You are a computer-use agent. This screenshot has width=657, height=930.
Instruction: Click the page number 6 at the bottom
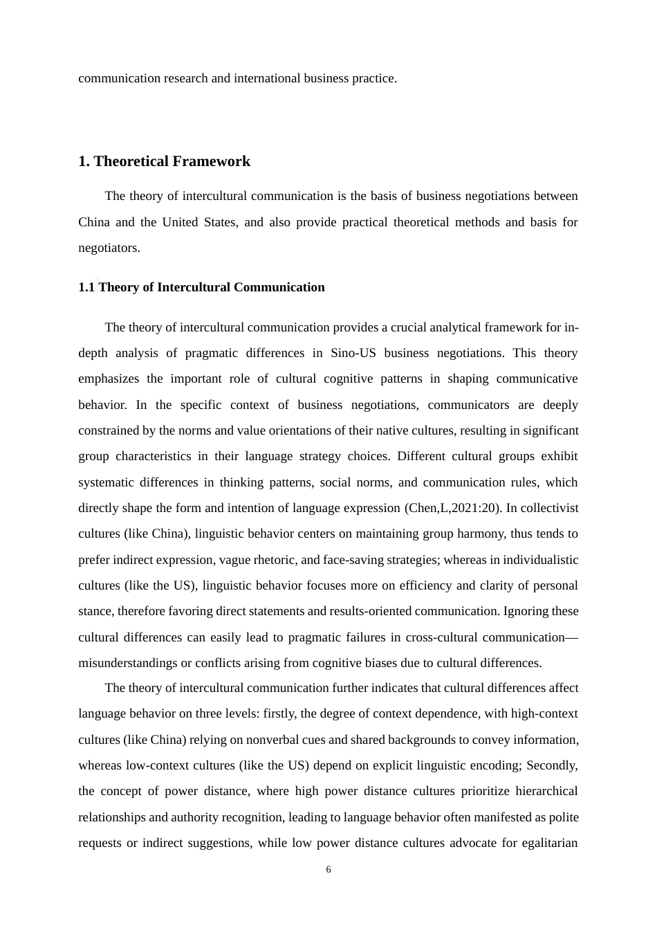tap(328, 870)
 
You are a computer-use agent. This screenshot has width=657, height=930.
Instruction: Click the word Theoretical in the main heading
tap(131, 161)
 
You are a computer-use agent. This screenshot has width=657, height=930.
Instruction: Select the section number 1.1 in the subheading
tap(86, 287)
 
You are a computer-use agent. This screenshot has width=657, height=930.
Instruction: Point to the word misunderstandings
tap(128, 663)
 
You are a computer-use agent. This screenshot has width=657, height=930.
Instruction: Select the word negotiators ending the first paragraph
tap(109, 248)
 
